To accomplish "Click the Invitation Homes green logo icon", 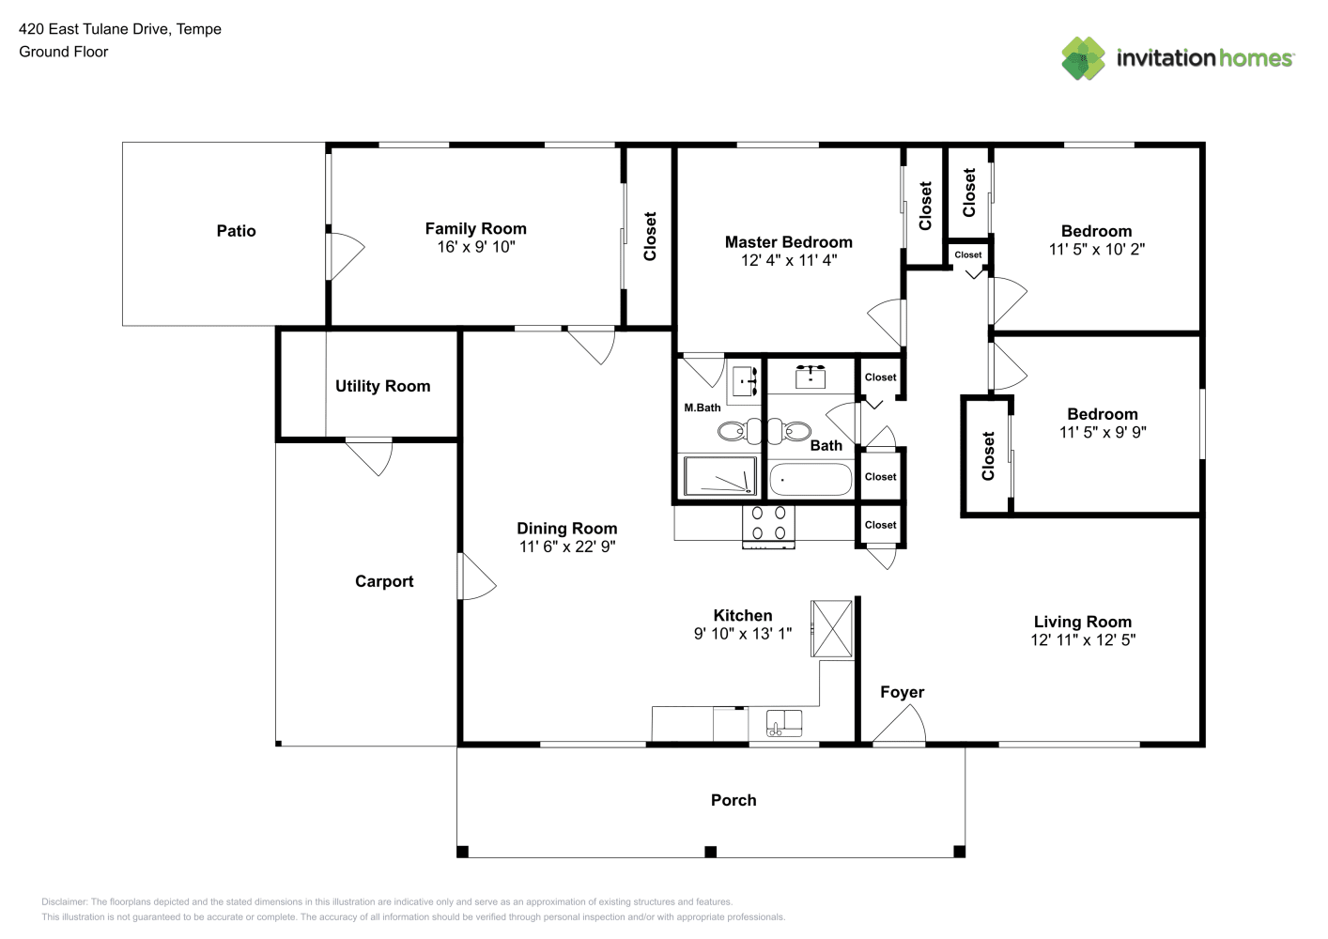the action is coord(1083,58).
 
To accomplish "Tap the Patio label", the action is coord(236,231).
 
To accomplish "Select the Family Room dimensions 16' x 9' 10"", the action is coord(476,247).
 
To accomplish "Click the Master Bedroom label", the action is coord(789,242).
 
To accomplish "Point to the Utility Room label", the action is coord(383,386).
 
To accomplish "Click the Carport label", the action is coord(384,581).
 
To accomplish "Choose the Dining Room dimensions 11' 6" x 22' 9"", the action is coord(567,546).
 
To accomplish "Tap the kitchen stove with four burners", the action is coord(768,527).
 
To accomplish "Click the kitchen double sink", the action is coord(784,723).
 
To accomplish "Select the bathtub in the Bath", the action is coord(811,480).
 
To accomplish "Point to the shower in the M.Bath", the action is coord(720,475).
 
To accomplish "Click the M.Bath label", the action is coord(703,408).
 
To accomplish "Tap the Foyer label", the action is coord(903,692).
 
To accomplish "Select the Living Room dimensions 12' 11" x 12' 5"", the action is coord(1083,639).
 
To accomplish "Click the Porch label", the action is coord(733,800).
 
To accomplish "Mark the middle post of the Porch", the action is coord(710,852).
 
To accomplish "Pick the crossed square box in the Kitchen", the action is coord(832,628).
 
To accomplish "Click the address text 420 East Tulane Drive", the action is coord(95,29).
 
